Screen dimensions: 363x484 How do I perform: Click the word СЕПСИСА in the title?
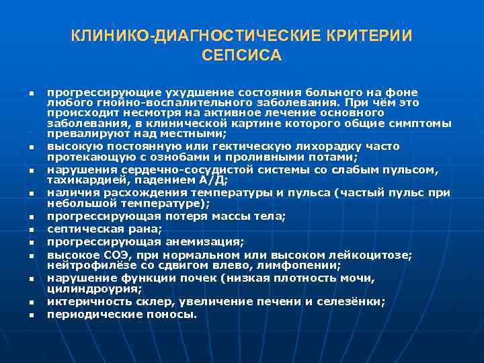coord(241,54)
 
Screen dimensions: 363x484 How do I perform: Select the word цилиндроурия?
coord(93,289)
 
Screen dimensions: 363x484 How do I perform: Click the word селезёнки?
coord(351,302)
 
